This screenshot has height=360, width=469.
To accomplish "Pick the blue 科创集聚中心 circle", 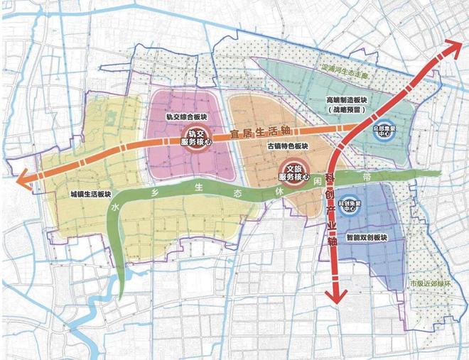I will [x=348, y=206].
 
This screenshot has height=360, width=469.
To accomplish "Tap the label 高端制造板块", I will [x=347, y=101].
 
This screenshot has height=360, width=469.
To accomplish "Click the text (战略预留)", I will [x=347, y=111].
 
